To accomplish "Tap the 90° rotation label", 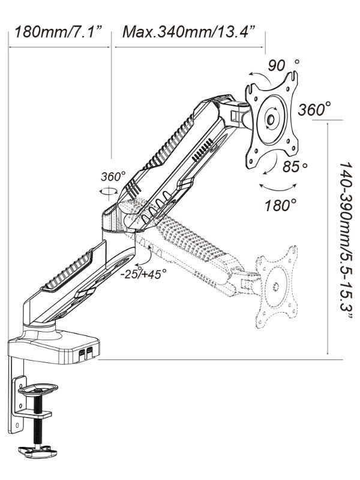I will click(x=284, y=65).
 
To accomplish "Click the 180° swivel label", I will click(x=281, y=205).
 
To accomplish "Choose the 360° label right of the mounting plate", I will click(x=314, y=110).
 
